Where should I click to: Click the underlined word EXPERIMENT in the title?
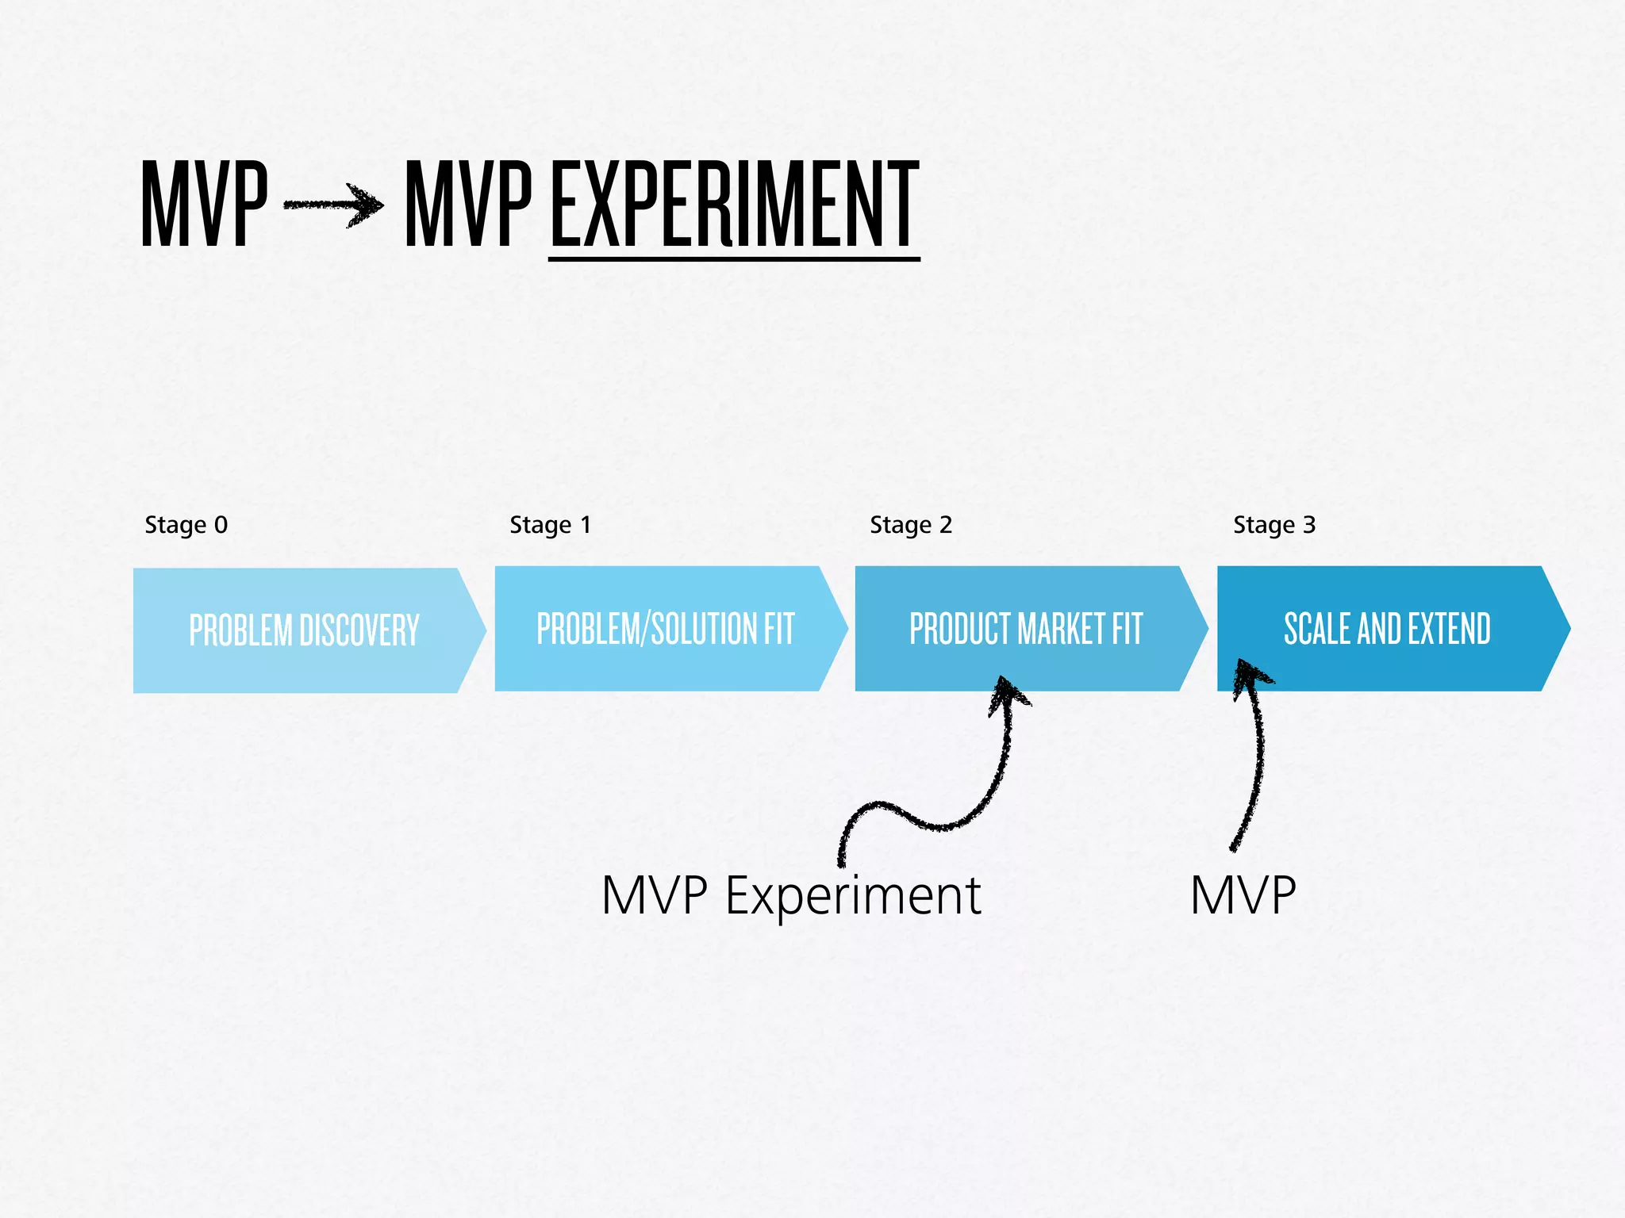pyautogui.click(x=734, y=204)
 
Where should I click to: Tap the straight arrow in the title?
pyautogui.click(x=333, y=205)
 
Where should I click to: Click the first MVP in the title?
pyautogui.click(x=204, y=204)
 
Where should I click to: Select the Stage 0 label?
pyautogui.click(x=186, y=525)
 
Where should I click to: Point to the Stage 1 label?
pyautogui.click(x=550, y=525)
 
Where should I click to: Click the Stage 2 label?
pyautogui.click(x=910, y=525)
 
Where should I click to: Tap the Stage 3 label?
pyautogui.click(x=1273, y=525)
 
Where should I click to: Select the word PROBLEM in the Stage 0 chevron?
pyautogui.click(x=241, y=631)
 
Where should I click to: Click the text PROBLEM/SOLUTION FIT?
pyautogui.click(x=665, y=629)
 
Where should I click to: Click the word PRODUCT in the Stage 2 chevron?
pyautogui.click(x=960, y=629)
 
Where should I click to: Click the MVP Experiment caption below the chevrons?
pyautogui.click(x=791, y=896)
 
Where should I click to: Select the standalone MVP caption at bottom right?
pyautogui.click(x=1243, y=896)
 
